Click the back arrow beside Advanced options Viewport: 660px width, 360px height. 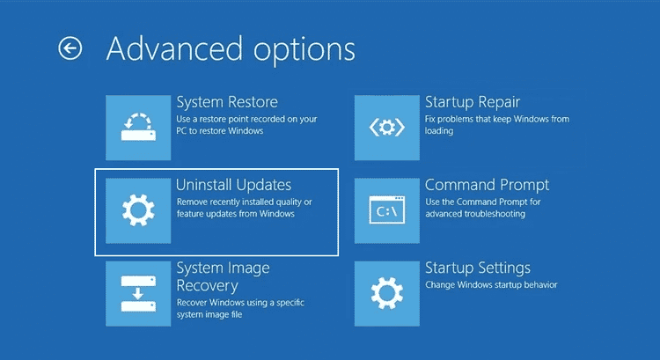coord(70,48)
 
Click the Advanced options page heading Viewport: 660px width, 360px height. coord(231,48)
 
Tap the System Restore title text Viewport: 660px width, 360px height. coord(227,102)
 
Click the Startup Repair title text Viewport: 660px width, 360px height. coord(473,102)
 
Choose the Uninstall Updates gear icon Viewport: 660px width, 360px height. coord(137,210)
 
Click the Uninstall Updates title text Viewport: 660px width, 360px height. coord(233,185)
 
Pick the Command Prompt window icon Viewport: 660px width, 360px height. coord(386,210)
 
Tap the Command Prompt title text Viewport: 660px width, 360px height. coord(487,185)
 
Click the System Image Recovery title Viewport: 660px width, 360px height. coord(223,276)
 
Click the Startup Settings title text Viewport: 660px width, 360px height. coord(477,268)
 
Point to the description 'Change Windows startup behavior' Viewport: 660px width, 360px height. coord(491,285)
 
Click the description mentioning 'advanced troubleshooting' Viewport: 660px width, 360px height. coord(483,208)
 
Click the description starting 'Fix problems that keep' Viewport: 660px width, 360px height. coord(497,124)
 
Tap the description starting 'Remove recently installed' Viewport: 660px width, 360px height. coord(242,208)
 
